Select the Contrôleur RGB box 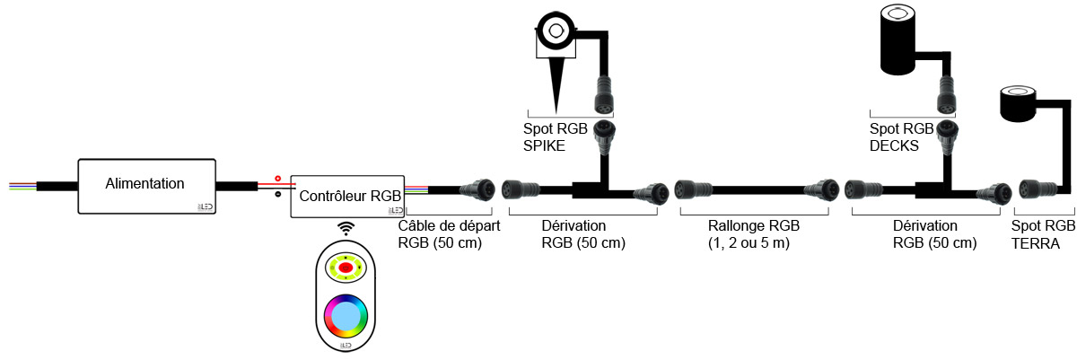click(x=348, y=195)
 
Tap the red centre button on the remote click(x=346, y=267)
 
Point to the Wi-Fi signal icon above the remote click(x=346, y=228)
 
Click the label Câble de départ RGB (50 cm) click(x=448, y=235)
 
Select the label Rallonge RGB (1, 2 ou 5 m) click(x=752, y=235)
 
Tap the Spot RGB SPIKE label click(x=556, y=137)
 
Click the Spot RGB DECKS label click(x=901, y=137)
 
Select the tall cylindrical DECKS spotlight click(x=902, y=40)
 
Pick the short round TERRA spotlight click(x=1018, y=105)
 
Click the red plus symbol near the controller click(x=277, y=179)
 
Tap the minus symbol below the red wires click(x=277, y=194)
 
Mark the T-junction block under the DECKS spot click(x=933, y=189)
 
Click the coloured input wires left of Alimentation click(x=22, y=186)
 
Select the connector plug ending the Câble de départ click(x=476, y=189)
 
